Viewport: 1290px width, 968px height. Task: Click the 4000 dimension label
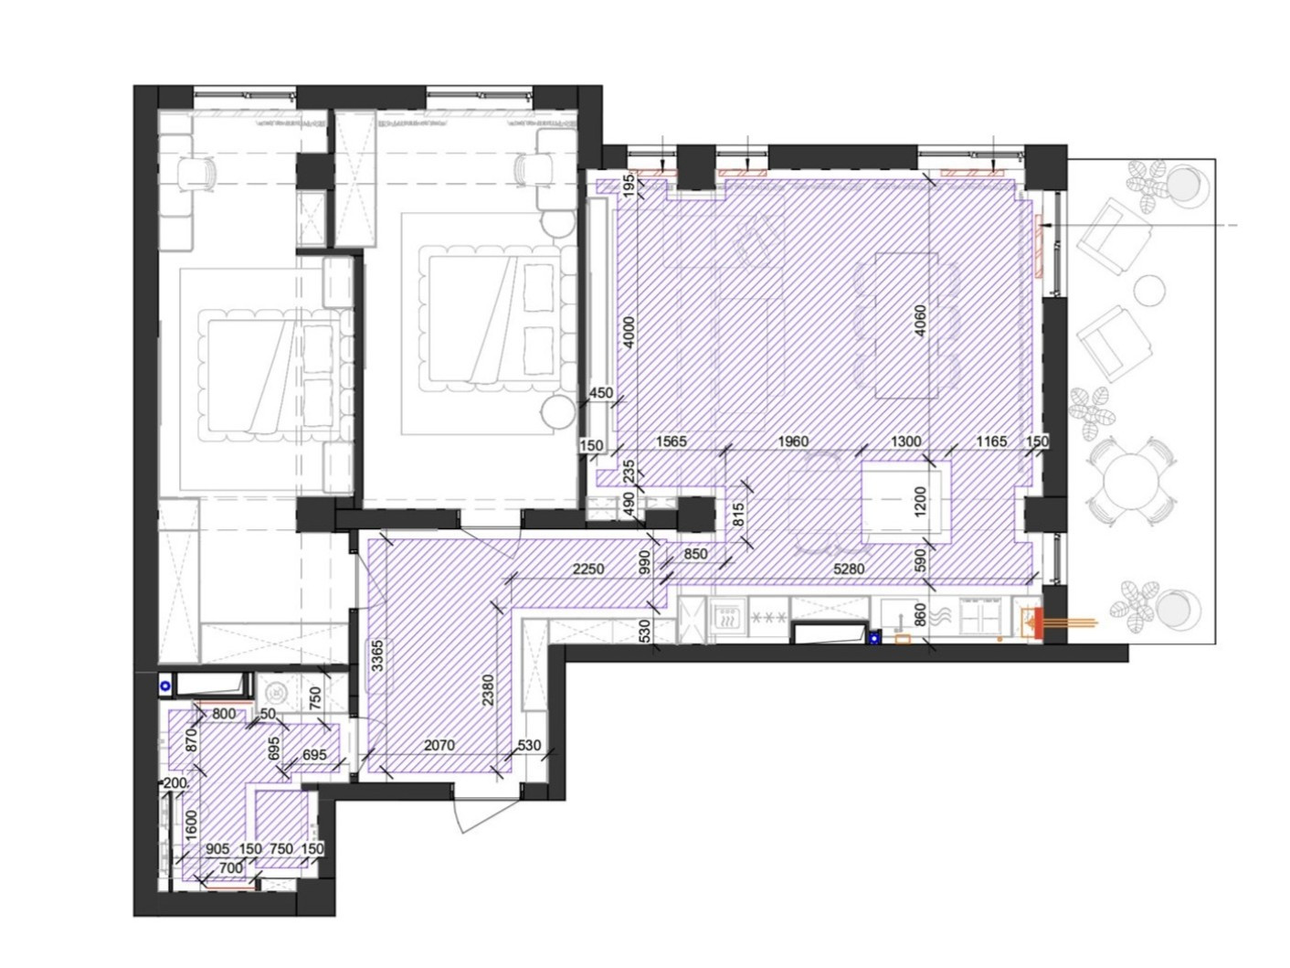629,332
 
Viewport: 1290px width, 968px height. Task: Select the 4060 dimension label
919,321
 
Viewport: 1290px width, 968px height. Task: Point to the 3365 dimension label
378,655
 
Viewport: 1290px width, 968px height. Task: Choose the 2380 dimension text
488,690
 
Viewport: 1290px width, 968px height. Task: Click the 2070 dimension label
439,745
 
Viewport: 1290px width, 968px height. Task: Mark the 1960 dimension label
793,441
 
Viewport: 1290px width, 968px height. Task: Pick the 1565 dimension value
671,441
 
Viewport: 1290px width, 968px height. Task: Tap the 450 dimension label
600,393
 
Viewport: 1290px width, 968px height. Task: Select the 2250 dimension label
588,569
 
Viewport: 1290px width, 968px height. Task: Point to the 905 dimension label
217,848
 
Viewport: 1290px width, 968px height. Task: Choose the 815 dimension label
739,515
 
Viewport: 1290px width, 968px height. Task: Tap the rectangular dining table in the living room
905,325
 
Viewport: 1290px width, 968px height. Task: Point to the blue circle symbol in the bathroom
165,686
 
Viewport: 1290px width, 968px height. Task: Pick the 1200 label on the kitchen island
920,502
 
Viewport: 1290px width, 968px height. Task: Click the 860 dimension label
920,615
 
